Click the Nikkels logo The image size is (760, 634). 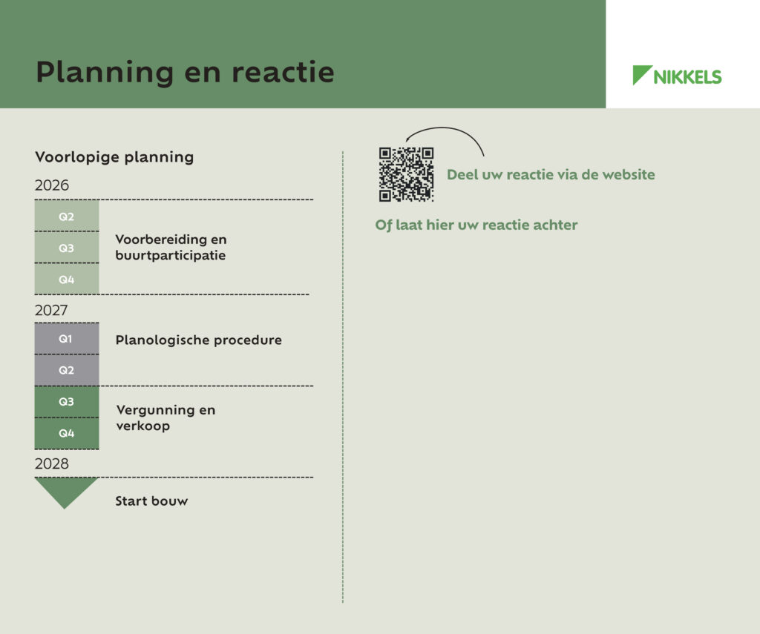coord(677,75)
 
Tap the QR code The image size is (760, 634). coord(406,174)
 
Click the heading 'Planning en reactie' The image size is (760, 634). coord(185,73)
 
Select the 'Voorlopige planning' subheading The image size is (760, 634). coord(114,157)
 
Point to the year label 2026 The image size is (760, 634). coord(52,185)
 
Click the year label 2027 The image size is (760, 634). coord(51,310)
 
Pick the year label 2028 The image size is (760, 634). coord(52,463)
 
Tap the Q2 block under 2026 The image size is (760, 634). coord(67,216)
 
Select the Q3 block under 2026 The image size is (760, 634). coord(67,248)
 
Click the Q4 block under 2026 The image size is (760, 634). coord(67,279)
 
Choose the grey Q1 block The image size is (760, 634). coord(67,339)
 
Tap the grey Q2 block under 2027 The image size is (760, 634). coord(67,370)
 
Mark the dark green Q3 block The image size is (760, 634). coord(67,401)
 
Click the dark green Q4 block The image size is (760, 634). coord(67,433)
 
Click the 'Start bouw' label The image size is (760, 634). coord(151,501)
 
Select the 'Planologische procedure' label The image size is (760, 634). coord(199,340)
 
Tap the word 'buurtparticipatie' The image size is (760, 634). coord(171,256)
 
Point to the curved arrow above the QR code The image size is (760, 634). coord(443,128)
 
